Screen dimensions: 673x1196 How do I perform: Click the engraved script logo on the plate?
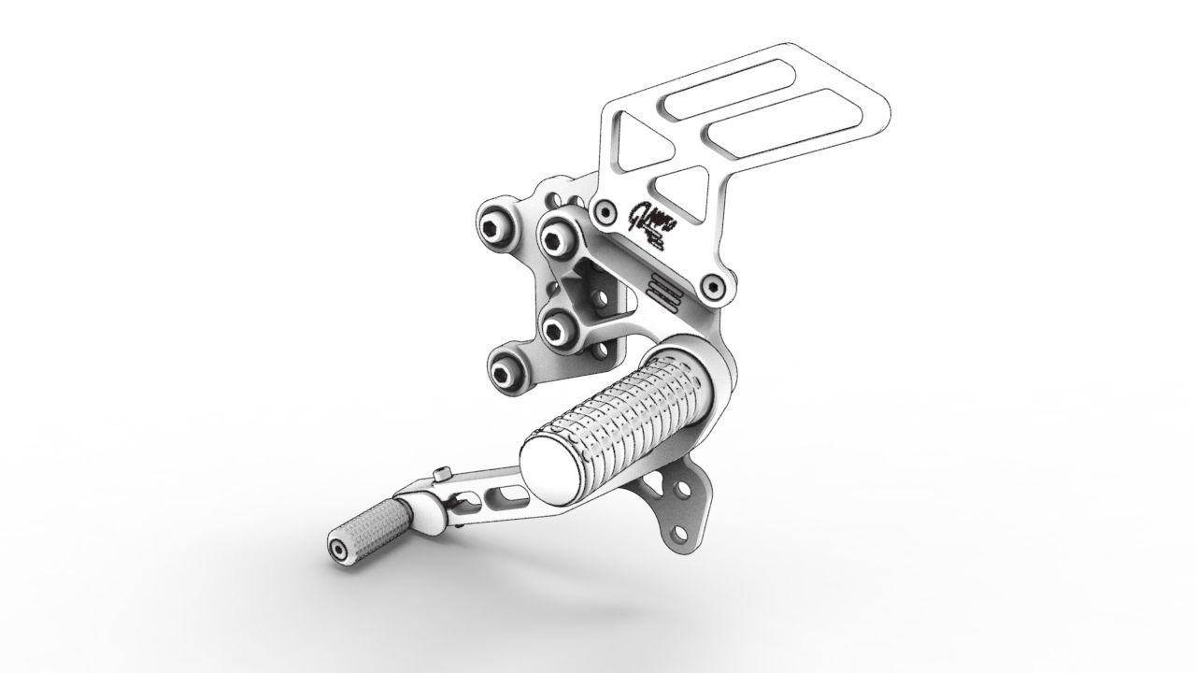click(x=649, y=224)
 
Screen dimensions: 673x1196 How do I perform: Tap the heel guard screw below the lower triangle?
click(x=716, y=287)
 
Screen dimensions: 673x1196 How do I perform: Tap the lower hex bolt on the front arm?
click(x=559, y=329)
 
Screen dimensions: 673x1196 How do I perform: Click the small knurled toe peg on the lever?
click(x=369, y=530)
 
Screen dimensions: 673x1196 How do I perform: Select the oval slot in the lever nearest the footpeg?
click(x=507, y=492)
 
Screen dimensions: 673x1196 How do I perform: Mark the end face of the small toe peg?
click(x=336, y=550)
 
